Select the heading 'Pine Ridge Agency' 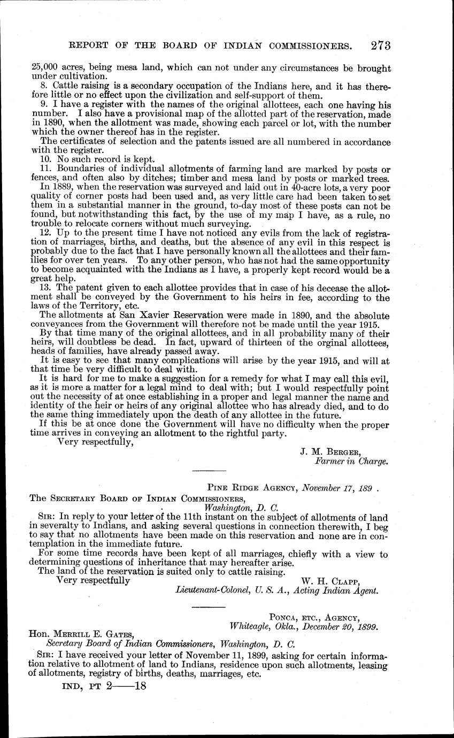(252, 487)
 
